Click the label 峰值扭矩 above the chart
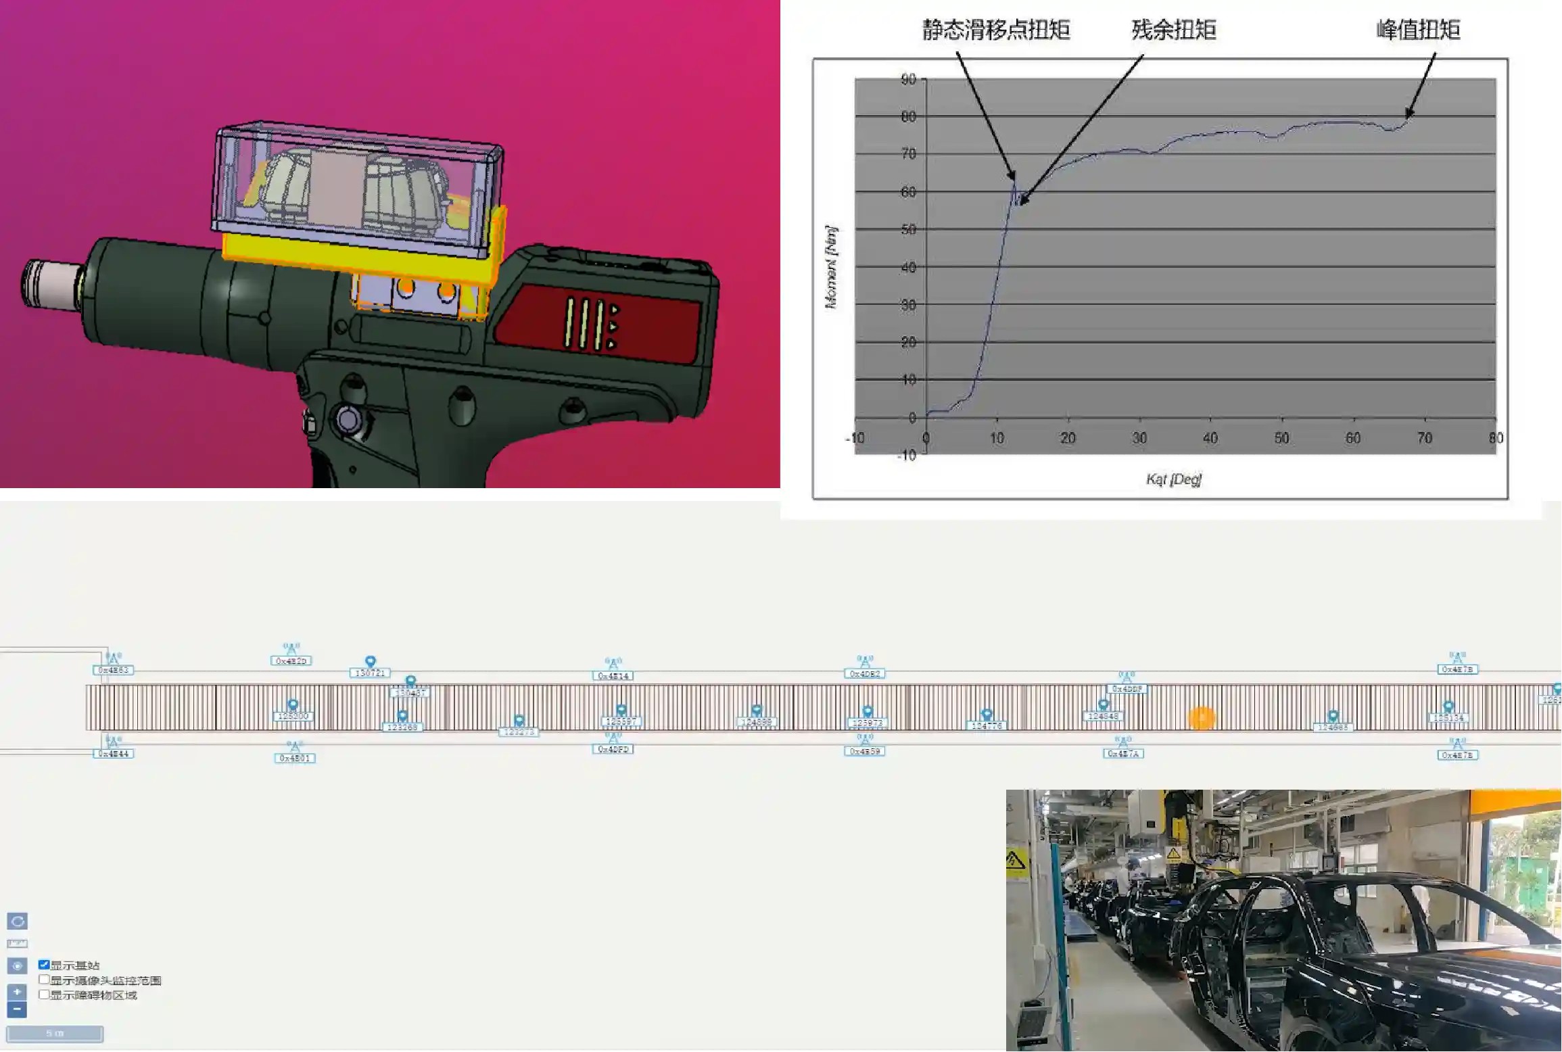pos(1418,30)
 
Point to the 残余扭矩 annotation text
pos(1174,30)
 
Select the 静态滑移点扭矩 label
pos(996,30)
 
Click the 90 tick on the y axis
pos(908,80)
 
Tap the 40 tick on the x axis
pos(1210,438)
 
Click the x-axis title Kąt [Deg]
pos(1174,479)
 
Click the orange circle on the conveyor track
pos(1202,718)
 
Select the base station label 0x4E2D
pos(291,661)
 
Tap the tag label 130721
pos(370,673)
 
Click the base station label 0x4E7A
pos(1123,754)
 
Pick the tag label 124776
pos(987,726)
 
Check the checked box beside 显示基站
pos(44,965)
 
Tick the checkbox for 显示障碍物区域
pos(44,995)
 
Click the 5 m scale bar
pos(55,1034)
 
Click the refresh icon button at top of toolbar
pos(17,922)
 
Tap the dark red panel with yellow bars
pos(598,323)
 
